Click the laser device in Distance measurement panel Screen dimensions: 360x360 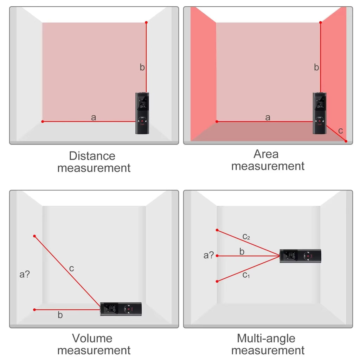[142, 113]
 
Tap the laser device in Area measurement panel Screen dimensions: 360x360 [320, 113]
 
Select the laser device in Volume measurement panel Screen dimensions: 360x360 [121, 309]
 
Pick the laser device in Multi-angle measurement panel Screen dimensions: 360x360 [300, 256]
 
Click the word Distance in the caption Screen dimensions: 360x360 [92, 156]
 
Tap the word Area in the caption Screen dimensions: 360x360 [266, 154]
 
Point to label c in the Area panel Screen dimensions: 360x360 [340, 131]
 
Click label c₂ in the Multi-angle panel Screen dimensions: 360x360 [246, 237]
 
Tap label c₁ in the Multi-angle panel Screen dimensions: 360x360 [246, 275]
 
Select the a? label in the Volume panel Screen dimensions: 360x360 [25, 274]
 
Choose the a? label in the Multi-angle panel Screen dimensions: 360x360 [208, 255]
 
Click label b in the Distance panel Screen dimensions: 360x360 [142, 67]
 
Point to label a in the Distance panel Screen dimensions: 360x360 [93, 117]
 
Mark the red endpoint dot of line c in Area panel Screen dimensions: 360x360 [346, 141]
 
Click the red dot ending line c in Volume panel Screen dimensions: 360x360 [34, 236]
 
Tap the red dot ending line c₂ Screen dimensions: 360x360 [217, 230]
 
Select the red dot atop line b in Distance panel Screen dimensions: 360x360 [146, 22]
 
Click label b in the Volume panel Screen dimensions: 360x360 [60, 315]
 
